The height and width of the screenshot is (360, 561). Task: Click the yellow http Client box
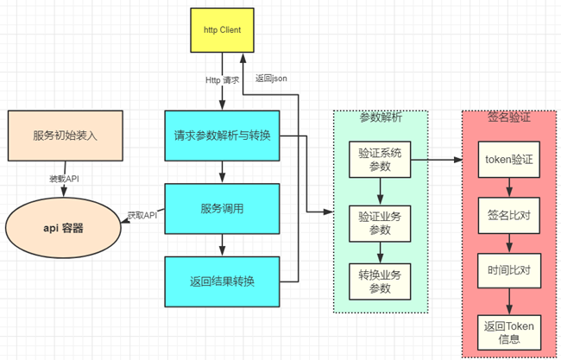pos(222,30)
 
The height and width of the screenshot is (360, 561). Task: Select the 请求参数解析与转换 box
pos(222,136)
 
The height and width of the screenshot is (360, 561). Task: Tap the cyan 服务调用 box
pos(222,208)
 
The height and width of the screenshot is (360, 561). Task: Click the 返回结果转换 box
pos(222,281)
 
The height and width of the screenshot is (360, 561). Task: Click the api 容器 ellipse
pos(64,228)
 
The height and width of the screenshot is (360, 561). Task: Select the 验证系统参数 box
pos(381,159)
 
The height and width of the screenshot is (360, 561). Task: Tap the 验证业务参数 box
pos(381,221)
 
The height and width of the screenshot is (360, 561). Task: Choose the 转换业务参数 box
pos(381,281)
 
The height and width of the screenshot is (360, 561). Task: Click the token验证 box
pos(508,159)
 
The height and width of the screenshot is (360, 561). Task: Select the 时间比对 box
pos(508,269)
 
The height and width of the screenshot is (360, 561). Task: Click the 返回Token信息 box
pos(508,332)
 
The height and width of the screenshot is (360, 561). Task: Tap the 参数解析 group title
pos(381,117)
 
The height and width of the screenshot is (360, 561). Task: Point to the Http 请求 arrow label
pos(222,80)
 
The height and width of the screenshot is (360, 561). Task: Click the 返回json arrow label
pos(270,78)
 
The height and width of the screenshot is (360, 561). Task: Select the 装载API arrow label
pos(64,180)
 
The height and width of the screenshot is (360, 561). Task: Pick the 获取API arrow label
pos(142,214)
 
